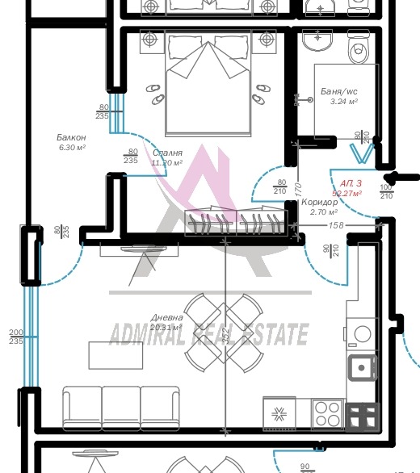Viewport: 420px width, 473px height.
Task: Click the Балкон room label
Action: tap(72, 137)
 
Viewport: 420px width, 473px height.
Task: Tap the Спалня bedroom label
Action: tap(166, 153)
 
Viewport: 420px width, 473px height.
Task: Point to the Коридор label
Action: tap(319, 203)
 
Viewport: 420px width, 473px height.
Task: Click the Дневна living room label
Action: tap(166, 317)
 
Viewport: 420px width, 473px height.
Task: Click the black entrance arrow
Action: tap(401, 177)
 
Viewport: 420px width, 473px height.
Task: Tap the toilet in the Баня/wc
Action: tap(355, 48)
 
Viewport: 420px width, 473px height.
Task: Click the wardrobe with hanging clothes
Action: tap(235, 223)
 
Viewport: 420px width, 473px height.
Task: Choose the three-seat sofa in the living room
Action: tap(121, 404)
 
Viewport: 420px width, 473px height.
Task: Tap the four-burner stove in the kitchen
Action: tap(327, 414)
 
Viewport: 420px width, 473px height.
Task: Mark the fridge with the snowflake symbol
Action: tap(280, 414)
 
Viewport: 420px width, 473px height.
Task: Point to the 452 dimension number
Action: tap(227, 332)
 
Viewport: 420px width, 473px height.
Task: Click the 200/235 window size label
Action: tap(15, 337)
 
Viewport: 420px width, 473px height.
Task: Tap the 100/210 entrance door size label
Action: tap(386, 191)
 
